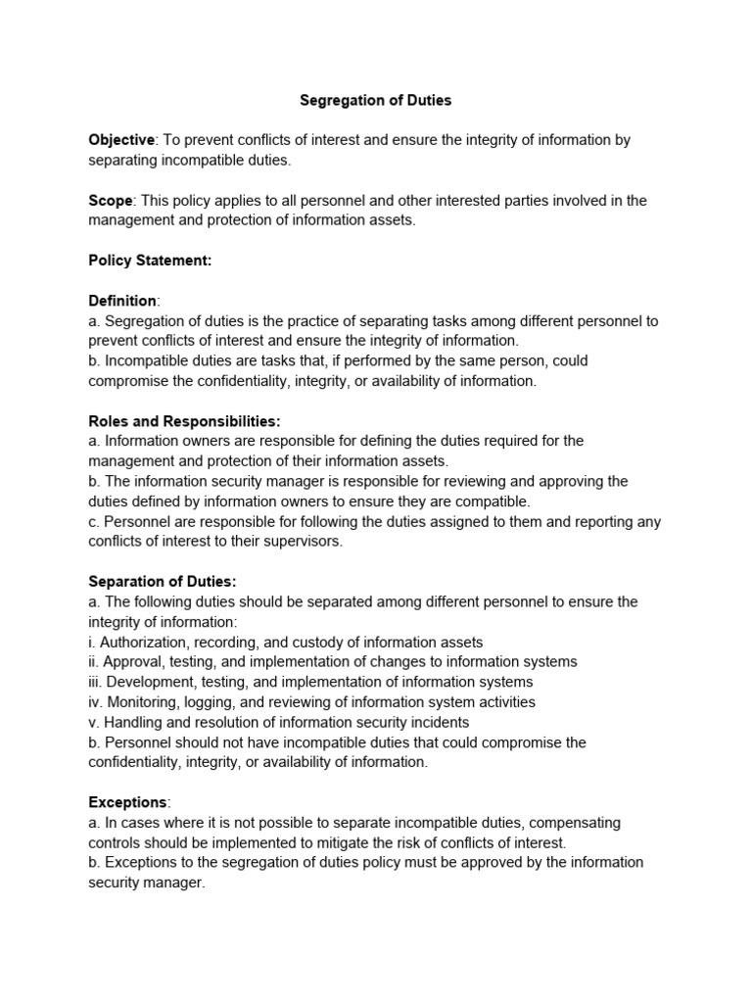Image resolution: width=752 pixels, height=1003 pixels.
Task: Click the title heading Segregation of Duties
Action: coord(375,100)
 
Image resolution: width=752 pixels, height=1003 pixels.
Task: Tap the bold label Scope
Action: coord(110,201)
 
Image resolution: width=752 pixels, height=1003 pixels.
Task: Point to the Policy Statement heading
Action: coord(150,261)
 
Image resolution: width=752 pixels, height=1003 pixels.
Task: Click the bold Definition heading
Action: coord(122,301)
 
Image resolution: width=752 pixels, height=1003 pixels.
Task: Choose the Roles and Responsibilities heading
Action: coord(184,421)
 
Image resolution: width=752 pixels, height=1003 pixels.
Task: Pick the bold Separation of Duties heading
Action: coord(162,582)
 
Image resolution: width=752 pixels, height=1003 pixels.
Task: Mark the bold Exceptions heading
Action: coord(128,802)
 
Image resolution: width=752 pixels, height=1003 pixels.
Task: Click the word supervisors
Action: coord(305,542)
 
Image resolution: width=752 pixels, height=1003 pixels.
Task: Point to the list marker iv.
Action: coord(95,702)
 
